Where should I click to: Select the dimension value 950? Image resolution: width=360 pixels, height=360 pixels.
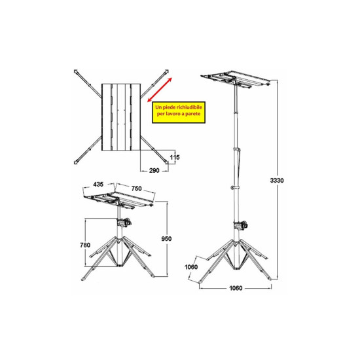point(167,239)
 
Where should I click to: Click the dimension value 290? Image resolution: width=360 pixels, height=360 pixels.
point(155,170)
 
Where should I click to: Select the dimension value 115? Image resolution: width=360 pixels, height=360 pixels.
point(174,157)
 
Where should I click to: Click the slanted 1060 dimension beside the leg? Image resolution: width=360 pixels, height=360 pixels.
point(191,266)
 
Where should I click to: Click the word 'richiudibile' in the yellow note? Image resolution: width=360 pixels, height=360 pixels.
point(188,105)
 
